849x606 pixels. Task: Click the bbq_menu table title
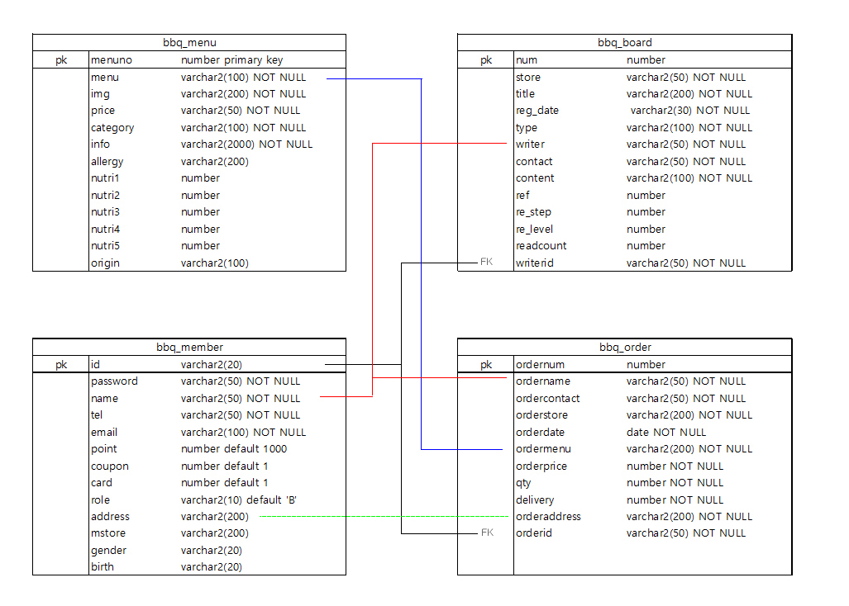pyautogui.click(x=189, y=42)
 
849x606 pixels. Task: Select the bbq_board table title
pyautogui.click(x=624, y=42)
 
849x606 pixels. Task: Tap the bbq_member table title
pyautogui.click(x=189, y=347)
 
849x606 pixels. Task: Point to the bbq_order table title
pyautogui.click(x=624, y=347)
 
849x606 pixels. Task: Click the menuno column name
pyautogui.click(x=112, y=59)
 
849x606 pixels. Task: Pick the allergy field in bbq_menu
pyautogui.click(x=107, y=162)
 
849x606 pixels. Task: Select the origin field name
pyautogui.click(x=105, y=263)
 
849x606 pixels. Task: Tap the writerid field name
pyautogui.click(x=534, y=263)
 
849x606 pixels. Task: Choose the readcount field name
pyautogui.click(x=541, y=246)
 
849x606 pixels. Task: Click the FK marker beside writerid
pyautogui.click(x=486, y=263)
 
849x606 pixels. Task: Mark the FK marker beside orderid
pyautogui.click(x=487, y=533)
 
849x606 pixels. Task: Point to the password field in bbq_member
pyautogui.click(x=114, y=381)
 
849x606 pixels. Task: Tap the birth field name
pyautogui.click(x=103, y=567)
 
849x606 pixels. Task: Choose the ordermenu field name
pyautogui.click(x=543, y=449)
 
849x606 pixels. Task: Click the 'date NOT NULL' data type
pyautogui.click(x=666, y=433)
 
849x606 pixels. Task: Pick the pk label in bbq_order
pyautogui.click(x=486, y=365)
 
